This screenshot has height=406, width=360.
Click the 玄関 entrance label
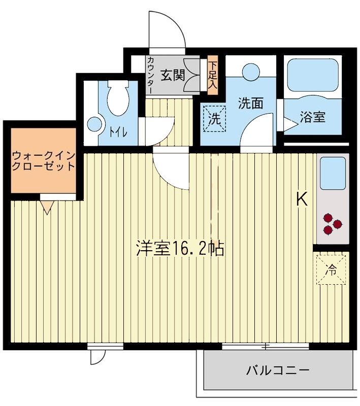coord(172,76)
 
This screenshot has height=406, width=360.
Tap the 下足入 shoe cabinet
coord(212,75)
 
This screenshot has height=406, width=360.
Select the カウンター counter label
coord(151,75)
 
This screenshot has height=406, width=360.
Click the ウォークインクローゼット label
coord(44,160)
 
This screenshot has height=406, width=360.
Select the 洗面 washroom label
coord(251,103)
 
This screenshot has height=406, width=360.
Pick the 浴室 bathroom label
coord(312,117)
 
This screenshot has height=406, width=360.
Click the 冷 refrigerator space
coord(331,269)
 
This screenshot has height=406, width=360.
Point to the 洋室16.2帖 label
coord(180,249)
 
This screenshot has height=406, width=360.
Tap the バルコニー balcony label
coord(278,370)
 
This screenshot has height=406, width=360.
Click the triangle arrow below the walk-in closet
coord(47,207)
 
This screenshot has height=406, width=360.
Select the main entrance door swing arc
coord(167,28)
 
